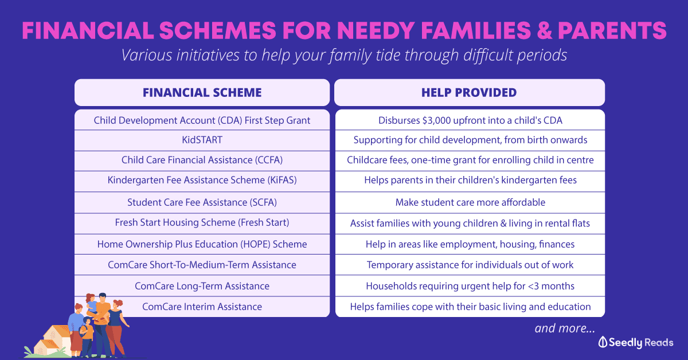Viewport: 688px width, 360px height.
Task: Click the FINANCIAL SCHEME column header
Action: (202, 92)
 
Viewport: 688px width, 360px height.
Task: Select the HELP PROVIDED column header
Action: (469, 92)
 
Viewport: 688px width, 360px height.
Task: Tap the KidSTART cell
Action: (202, 140)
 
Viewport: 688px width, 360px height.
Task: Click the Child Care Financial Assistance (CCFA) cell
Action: (202, 160)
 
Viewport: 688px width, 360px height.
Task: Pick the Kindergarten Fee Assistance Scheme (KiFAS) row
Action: (202, 180)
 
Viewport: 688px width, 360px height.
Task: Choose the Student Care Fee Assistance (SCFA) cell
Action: (202, 202)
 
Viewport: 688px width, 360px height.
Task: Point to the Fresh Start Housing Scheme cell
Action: (202, 222)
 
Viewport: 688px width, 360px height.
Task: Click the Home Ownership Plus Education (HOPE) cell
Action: (202, 244)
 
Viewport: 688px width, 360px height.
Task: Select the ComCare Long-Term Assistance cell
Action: (202, 285)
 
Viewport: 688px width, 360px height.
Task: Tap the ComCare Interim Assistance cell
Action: (202, 307)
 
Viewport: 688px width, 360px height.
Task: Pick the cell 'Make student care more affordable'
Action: (470, 202)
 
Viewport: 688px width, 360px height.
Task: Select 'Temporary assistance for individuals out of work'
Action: (470, 265)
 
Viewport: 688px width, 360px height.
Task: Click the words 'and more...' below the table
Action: (564, 328)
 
